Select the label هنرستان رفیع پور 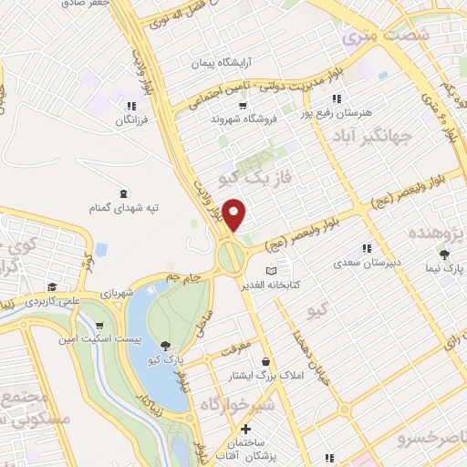(x=342, y=111)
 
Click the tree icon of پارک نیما (x=444, y=254)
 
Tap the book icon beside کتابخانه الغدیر (x=270, y=271)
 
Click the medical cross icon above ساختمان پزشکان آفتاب (x=244, y=429)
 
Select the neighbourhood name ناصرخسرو (x=430, y=440)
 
